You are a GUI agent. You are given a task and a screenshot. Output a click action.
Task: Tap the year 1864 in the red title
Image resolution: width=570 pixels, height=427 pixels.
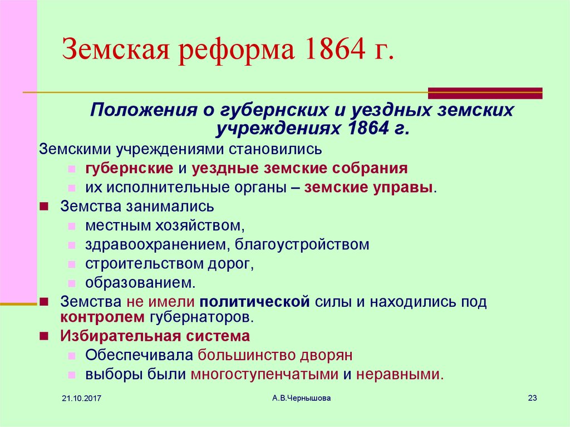[335, 48]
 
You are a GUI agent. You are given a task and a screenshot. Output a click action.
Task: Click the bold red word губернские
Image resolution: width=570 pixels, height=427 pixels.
[129, 169]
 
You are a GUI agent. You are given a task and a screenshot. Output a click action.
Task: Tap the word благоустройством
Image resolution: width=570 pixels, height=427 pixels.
[302, 245]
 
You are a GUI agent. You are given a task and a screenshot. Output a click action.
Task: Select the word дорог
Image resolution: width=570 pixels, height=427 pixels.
[230, 264]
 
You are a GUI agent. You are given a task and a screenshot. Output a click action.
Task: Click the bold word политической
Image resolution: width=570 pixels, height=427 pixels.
[254, 302]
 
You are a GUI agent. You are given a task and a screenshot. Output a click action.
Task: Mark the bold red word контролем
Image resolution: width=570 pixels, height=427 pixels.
[102, 317]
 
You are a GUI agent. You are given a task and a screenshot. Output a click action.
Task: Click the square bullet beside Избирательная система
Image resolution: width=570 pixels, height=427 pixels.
[44, 336]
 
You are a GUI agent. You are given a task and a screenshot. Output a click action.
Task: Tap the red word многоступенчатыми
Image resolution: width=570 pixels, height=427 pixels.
[264, 375]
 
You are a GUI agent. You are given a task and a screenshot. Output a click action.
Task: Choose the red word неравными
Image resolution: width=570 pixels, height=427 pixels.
[400, 375]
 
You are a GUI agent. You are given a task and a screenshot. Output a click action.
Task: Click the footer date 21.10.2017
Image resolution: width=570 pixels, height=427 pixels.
[81, 399]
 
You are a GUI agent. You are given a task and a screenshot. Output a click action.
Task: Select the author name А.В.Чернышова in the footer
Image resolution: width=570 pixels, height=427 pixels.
[301, 398]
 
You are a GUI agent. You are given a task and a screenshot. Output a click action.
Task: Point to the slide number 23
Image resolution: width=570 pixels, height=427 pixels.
[532, 398]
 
